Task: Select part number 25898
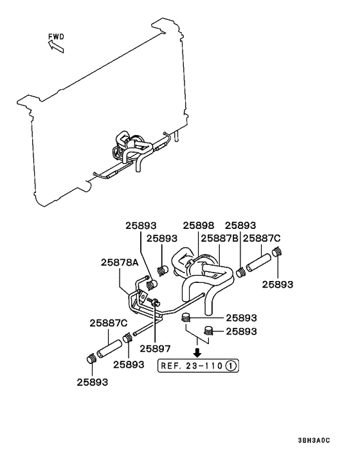click(199, 226)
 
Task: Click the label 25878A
click(120, 262)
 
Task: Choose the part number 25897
click(156, 349)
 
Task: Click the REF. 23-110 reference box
click(199, 366)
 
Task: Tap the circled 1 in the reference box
click(231, 366)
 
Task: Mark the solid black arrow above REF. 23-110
click(199, 352)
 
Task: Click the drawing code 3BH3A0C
click(313, 440)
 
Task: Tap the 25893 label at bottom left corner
click(92, 381)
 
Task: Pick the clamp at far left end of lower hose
click(91, 359)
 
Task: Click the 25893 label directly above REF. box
click(242, 332)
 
